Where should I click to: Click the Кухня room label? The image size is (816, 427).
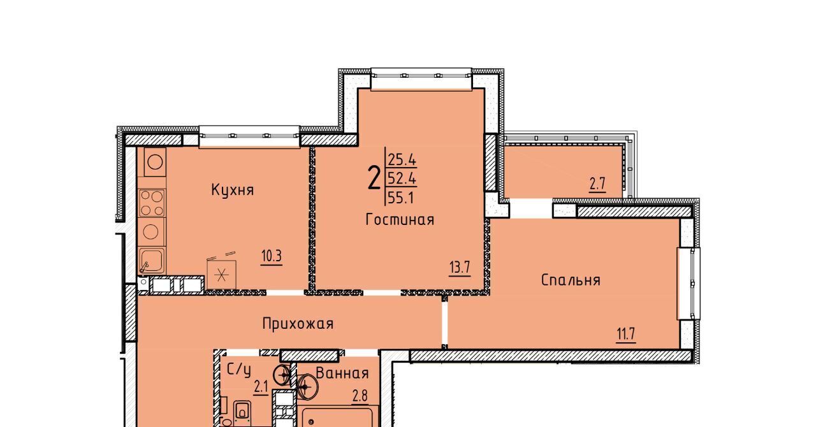tap(233, 190)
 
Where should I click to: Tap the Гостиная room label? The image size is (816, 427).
tap(400, 220)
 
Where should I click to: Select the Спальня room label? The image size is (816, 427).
tap(571, 280)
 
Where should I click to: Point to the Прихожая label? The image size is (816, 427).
tap(298, 324)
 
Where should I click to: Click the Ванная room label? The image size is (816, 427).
tap(342, 373)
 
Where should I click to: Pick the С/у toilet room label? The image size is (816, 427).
tap(239, 370)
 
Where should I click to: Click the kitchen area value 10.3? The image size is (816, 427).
tap(272, 256)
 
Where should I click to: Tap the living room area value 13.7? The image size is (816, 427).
tap(460, 268)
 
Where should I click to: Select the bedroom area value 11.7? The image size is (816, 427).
tap(626, 334)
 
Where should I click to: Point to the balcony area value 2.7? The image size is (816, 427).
tap(597, 184)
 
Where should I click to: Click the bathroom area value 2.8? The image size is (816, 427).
tap(360, 396)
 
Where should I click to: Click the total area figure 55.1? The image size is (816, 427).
tap(401, 198)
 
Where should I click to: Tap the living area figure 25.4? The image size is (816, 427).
tap(402, 159)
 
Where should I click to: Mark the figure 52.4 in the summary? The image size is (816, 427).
tap(402, 178)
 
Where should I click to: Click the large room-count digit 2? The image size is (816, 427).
tap(374, 178)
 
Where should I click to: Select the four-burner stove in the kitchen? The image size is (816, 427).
tap(152, 203)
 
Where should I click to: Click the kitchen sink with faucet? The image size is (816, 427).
tap(152, 260)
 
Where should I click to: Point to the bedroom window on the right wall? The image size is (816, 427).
tap(688, 284)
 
